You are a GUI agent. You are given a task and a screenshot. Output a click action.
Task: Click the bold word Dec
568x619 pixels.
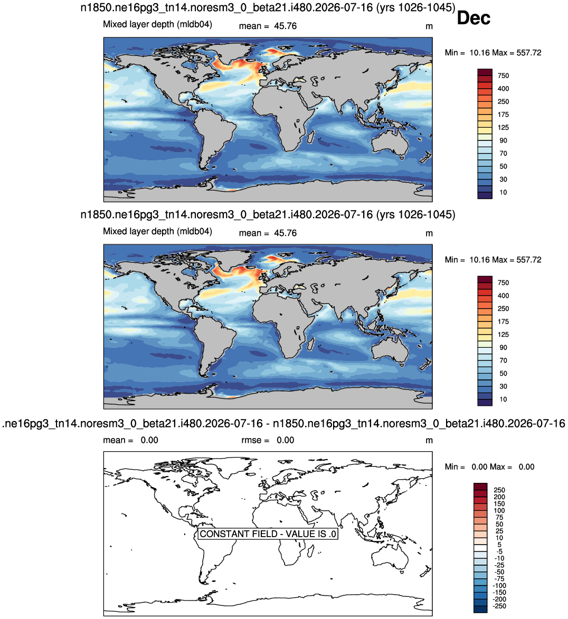pos(474,18)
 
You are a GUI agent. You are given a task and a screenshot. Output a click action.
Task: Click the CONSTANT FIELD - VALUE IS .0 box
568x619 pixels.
pos(268,534)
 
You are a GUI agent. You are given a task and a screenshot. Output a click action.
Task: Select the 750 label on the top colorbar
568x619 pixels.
pos(503,75)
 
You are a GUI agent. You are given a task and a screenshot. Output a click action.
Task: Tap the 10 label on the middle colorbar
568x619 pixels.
pos(503,399)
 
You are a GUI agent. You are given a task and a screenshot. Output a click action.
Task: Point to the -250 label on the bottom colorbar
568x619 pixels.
pos(500,606)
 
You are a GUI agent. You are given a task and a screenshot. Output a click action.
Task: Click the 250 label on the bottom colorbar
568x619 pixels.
pos(499,490)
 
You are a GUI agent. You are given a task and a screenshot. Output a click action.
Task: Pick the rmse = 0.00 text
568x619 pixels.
pos(268,440)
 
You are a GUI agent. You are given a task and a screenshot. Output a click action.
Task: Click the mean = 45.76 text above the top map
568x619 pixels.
pos(268,26)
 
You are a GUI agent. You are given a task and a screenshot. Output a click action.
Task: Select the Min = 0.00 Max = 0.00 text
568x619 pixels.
pos(489,466)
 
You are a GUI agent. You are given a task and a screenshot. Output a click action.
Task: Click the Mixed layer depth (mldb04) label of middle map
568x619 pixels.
pos(158,231)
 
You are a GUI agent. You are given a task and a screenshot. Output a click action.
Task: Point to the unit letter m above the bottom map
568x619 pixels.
pos(429,441)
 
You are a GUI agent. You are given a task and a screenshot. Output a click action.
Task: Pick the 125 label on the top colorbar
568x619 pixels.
pos(503,127)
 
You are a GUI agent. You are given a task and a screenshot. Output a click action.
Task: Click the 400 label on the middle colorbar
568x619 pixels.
pos(503,296)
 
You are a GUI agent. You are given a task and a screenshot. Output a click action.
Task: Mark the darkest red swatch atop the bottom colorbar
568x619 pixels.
pos(481,487)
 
